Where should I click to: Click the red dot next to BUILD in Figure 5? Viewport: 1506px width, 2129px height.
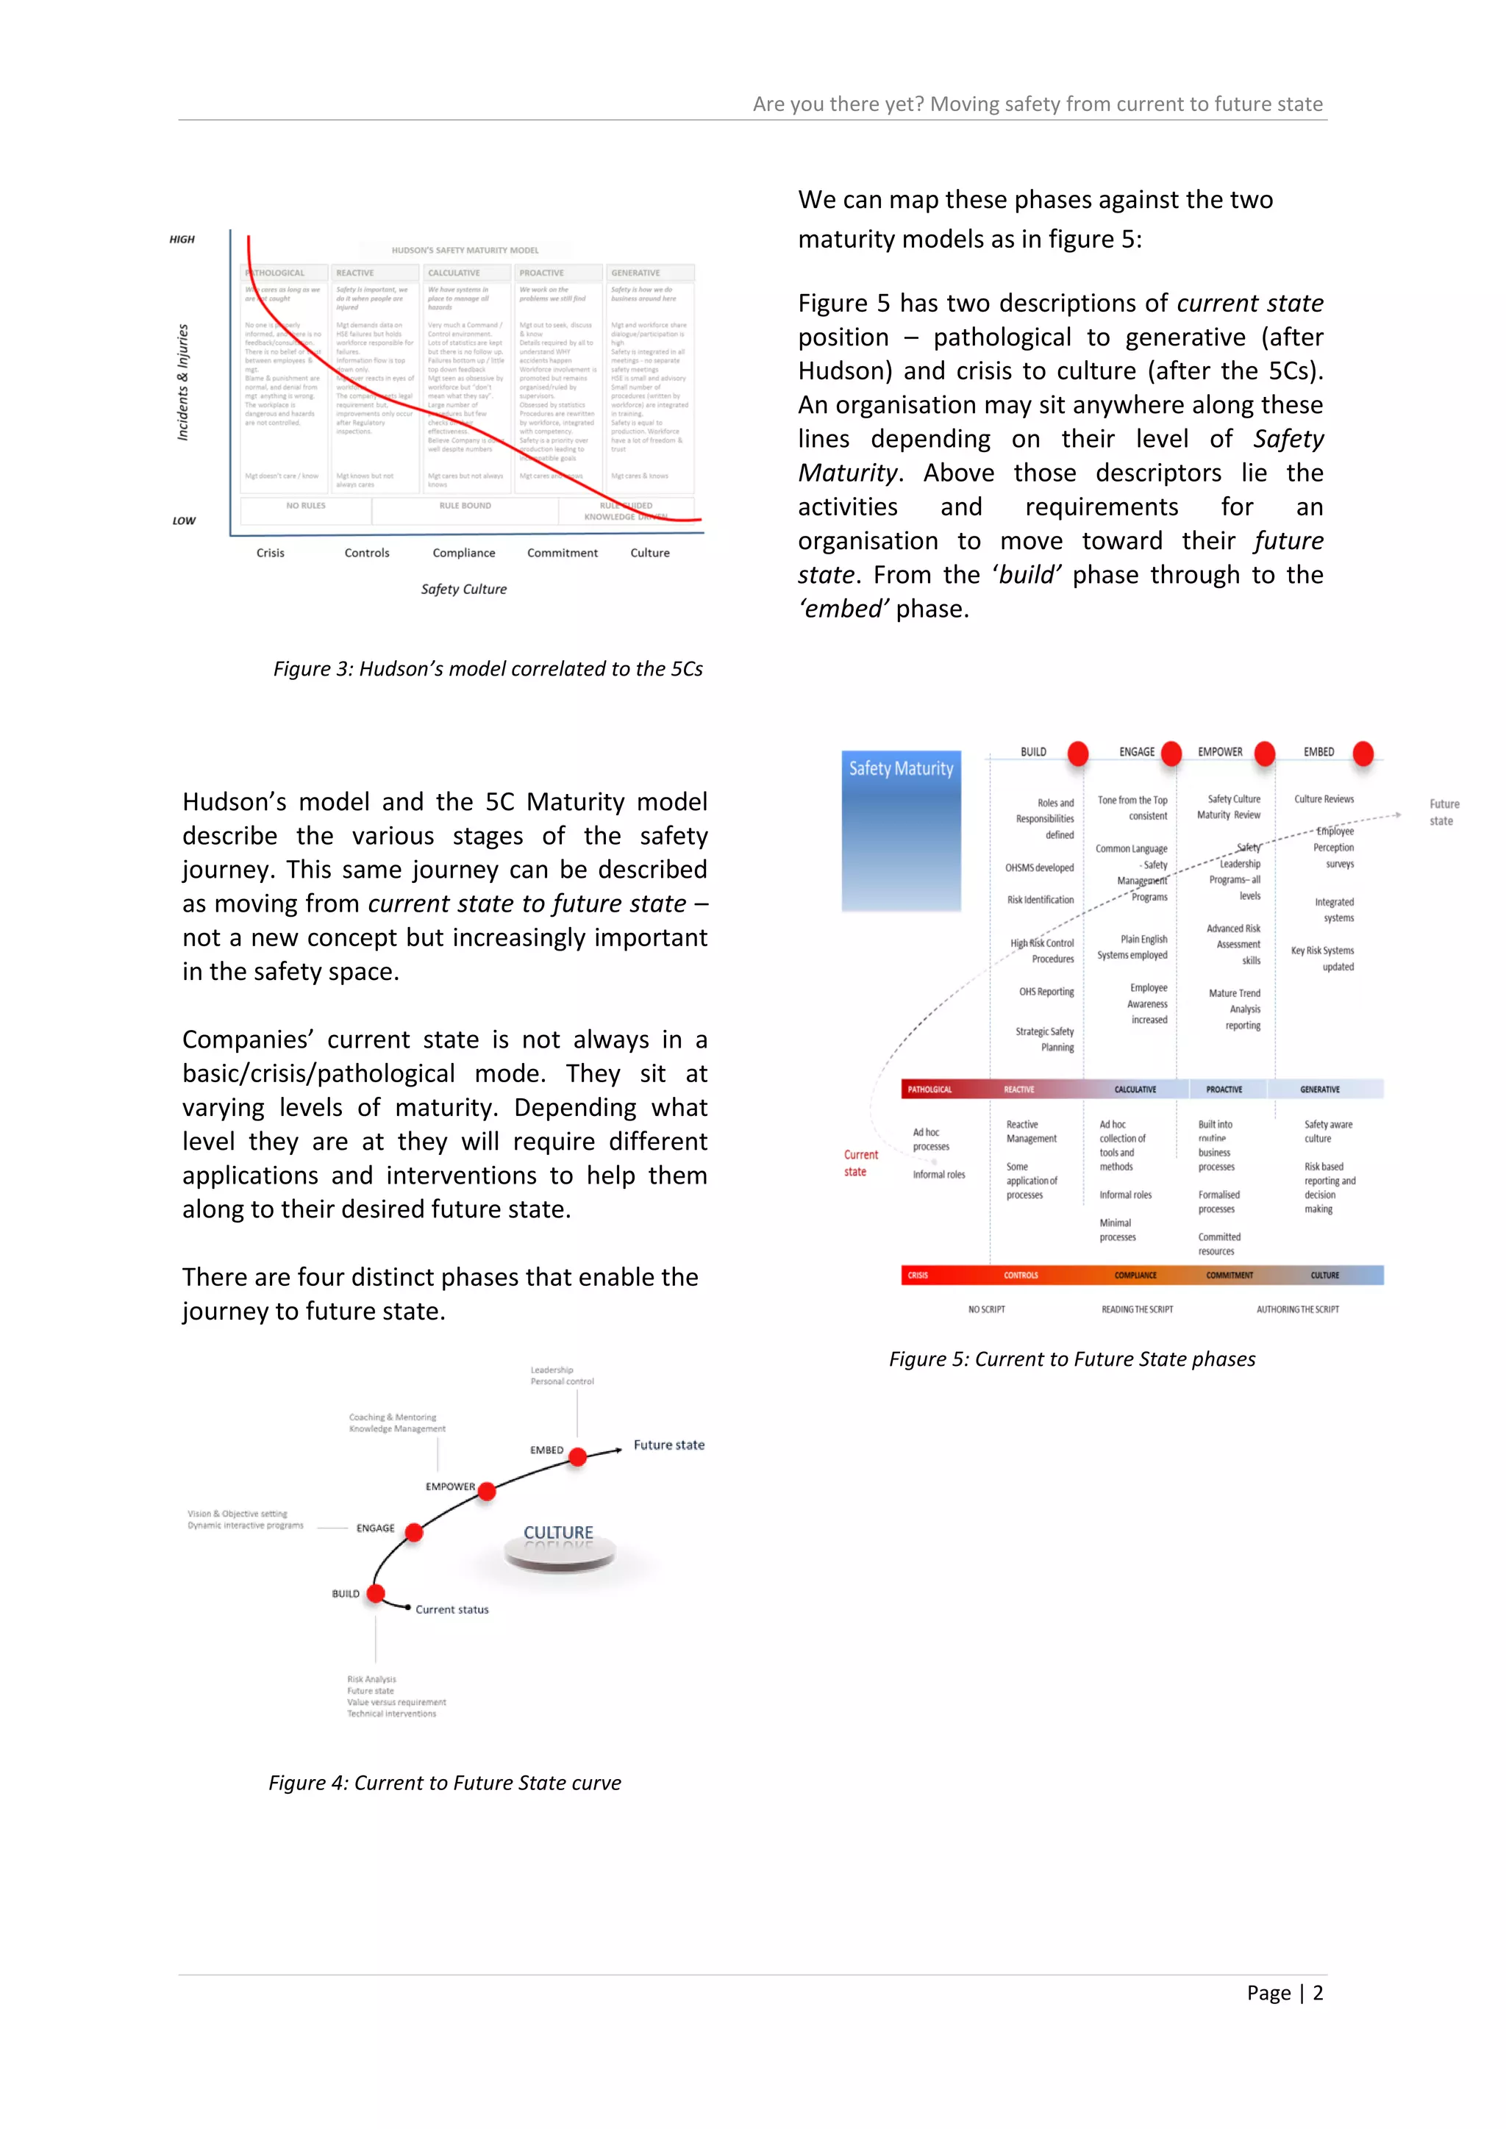[x=1077, y=753]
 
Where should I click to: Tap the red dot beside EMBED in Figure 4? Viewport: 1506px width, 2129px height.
[x=578, y=1457]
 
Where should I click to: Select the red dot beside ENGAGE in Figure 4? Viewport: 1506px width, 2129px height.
[x=415, y=1533]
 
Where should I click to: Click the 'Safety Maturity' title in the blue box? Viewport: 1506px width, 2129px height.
[x=901, y=769]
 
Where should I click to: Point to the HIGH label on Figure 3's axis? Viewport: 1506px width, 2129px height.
[x=182, y=239]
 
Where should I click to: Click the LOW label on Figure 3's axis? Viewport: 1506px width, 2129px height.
[x=184, y=521]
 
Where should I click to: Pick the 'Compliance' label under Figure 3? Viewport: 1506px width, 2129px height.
[x=464, y=553]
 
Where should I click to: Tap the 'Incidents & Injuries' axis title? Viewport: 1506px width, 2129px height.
[x=182, y=382]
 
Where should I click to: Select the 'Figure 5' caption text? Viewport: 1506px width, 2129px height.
[x=1071, y=1359]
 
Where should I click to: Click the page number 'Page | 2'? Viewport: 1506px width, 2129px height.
[x=1285, y=1993]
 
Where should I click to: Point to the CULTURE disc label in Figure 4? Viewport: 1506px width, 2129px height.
[x=558, y=1533]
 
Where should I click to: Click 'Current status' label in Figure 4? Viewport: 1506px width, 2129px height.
[x=452, y=1610]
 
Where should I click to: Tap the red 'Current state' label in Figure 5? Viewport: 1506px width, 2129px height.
[x=860, y=1163]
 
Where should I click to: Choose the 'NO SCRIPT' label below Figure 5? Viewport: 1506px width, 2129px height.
[x=986, y=1309]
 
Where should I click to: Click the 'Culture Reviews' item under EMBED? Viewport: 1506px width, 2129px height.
[x=1324, y=799]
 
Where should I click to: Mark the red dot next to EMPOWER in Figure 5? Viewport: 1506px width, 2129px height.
[x=1265, y=753]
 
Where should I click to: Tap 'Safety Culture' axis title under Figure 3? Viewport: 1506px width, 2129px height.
[x=464, y=589]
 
